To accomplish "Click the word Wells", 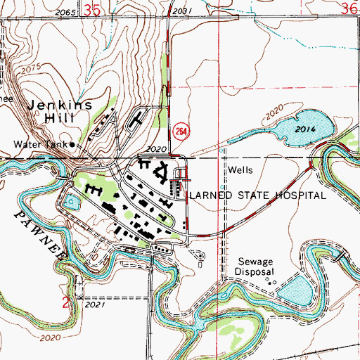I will [240, 170].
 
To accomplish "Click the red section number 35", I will [91, 10].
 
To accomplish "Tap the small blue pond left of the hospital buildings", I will [72, 204].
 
